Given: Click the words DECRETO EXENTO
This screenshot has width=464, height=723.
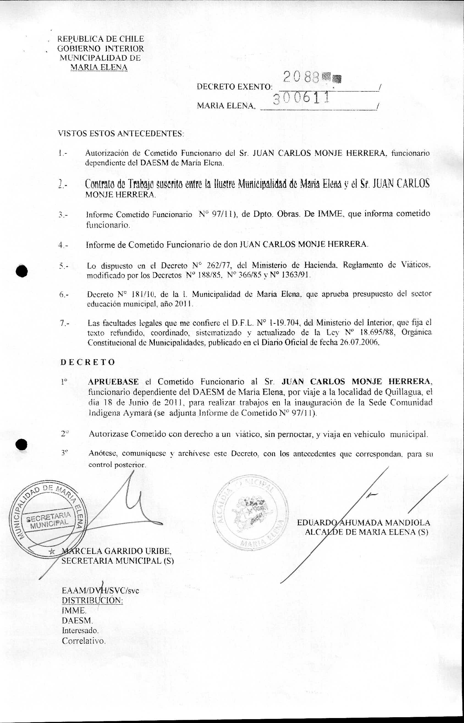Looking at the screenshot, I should click(234, 87).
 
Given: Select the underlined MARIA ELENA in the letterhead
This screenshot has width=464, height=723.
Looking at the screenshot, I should click(99, 67).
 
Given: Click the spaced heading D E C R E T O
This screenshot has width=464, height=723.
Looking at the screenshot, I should click(88, 362).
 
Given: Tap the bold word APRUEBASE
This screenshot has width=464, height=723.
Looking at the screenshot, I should click(113, 381).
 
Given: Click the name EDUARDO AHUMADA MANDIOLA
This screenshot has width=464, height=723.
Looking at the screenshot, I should click(363, 522).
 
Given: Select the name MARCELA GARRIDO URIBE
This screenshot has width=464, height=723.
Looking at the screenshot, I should click(117, 551).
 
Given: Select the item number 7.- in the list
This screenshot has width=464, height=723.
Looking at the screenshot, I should click(64, 324).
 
